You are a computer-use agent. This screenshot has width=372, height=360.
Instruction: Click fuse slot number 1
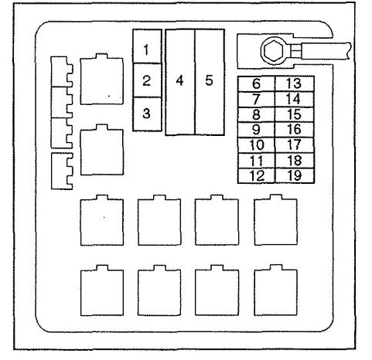pos(147,46)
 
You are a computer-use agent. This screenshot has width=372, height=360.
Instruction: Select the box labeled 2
pos(147,80)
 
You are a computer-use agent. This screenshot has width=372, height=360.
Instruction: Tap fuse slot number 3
pos(147,114)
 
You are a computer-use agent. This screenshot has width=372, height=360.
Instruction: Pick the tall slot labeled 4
pos(180,82)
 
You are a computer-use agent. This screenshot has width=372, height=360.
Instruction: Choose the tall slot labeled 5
pos(210,82)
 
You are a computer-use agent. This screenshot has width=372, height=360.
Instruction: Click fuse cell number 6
pos(256,83)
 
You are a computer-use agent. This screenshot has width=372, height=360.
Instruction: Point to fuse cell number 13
pos(295,83)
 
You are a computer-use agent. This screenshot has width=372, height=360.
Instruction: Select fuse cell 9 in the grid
pos(256,130)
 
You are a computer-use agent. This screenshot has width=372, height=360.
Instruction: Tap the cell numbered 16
pos(295,130)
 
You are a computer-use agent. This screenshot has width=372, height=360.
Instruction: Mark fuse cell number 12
pos(256,176)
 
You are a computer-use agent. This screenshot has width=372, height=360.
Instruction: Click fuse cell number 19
pos(295,176)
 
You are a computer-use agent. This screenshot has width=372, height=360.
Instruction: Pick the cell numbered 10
pos(256,145)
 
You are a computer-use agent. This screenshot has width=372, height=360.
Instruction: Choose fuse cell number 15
pos(295,114)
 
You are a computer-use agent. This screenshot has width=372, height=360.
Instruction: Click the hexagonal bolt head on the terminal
pos(274,50)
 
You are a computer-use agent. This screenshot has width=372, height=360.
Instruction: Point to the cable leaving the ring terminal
pos(326,51)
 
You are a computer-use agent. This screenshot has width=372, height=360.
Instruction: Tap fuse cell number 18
pos(295,161)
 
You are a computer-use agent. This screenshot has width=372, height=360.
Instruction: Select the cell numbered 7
pos(256,100)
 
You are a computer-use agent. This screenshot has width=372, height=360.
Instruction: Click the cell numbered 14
pos(295,100)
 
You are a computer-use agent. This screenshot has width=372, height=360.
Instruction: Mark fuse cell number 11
pos(256,161)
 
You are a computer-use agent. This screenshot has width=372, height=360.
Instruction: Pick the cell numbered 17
pos(295,145)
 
